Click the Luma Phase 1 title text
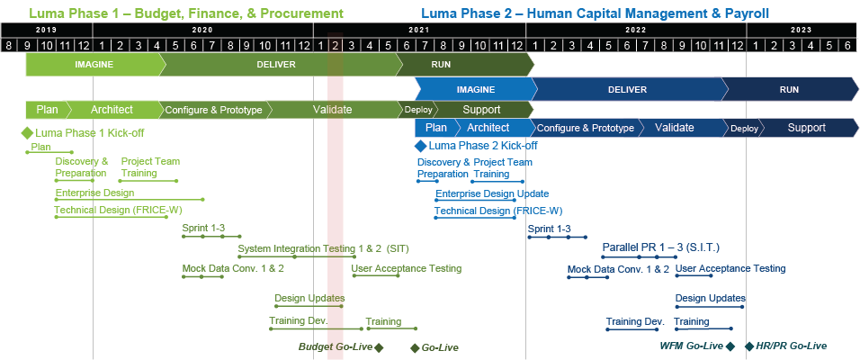coord(185,13)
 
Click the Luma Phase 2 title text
coord(595,13)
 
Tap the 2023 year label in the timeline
coord(802,30)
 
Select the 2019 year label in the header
coord(46,30)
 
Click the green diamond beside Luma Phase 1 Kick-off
coord(27,132)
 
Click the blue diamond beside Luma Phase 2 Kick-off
coord(419,145)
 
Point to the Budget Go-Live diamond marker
coord(379,347)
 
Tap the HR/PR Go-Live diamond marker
coord(749,346)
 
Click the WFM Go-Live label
coord(691,346)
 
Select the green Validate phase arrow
coord(332,110)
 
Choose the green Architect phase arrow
coord(112,110)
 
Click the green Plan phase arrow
coord(47,110)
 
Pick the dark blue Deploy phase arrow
coord(744,128)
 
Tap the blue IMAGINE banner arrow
coord(476,90)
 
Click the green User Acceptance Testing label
coord(406,268)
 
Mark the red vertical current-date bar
coord(336,225)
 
